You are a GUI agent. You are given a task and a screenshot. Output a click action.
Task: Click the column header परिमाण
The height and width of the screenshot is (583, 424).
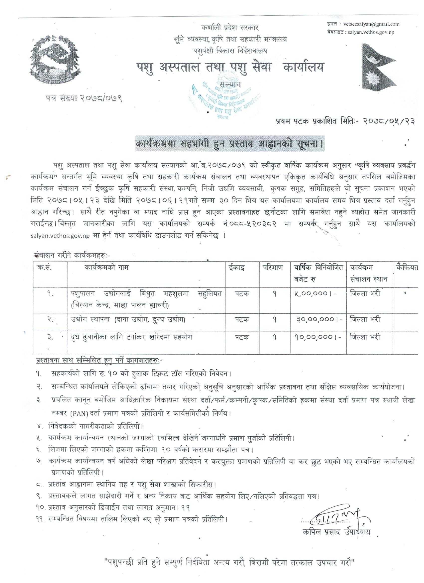pyautogui.click(x=273, y=268)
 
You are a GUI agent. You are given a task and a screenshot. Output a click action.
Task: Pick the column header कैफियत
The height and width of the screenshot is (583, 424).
pyautogui.click(x=407, y=268)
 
